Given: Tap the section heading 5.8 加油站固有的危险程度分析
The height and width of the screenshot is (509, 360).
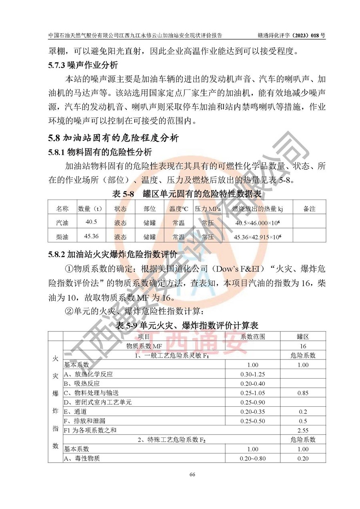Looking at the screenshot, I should pos(113,138).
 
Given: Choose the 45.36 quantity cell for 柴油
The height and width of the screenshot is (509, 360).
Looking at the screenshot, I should pos(91,236).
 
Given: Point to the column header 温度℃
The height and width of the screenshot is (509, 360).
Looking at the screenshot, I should pos(178,209).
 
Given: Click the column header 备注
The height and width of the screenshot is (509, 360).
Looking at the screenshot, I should pos(310,209).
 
